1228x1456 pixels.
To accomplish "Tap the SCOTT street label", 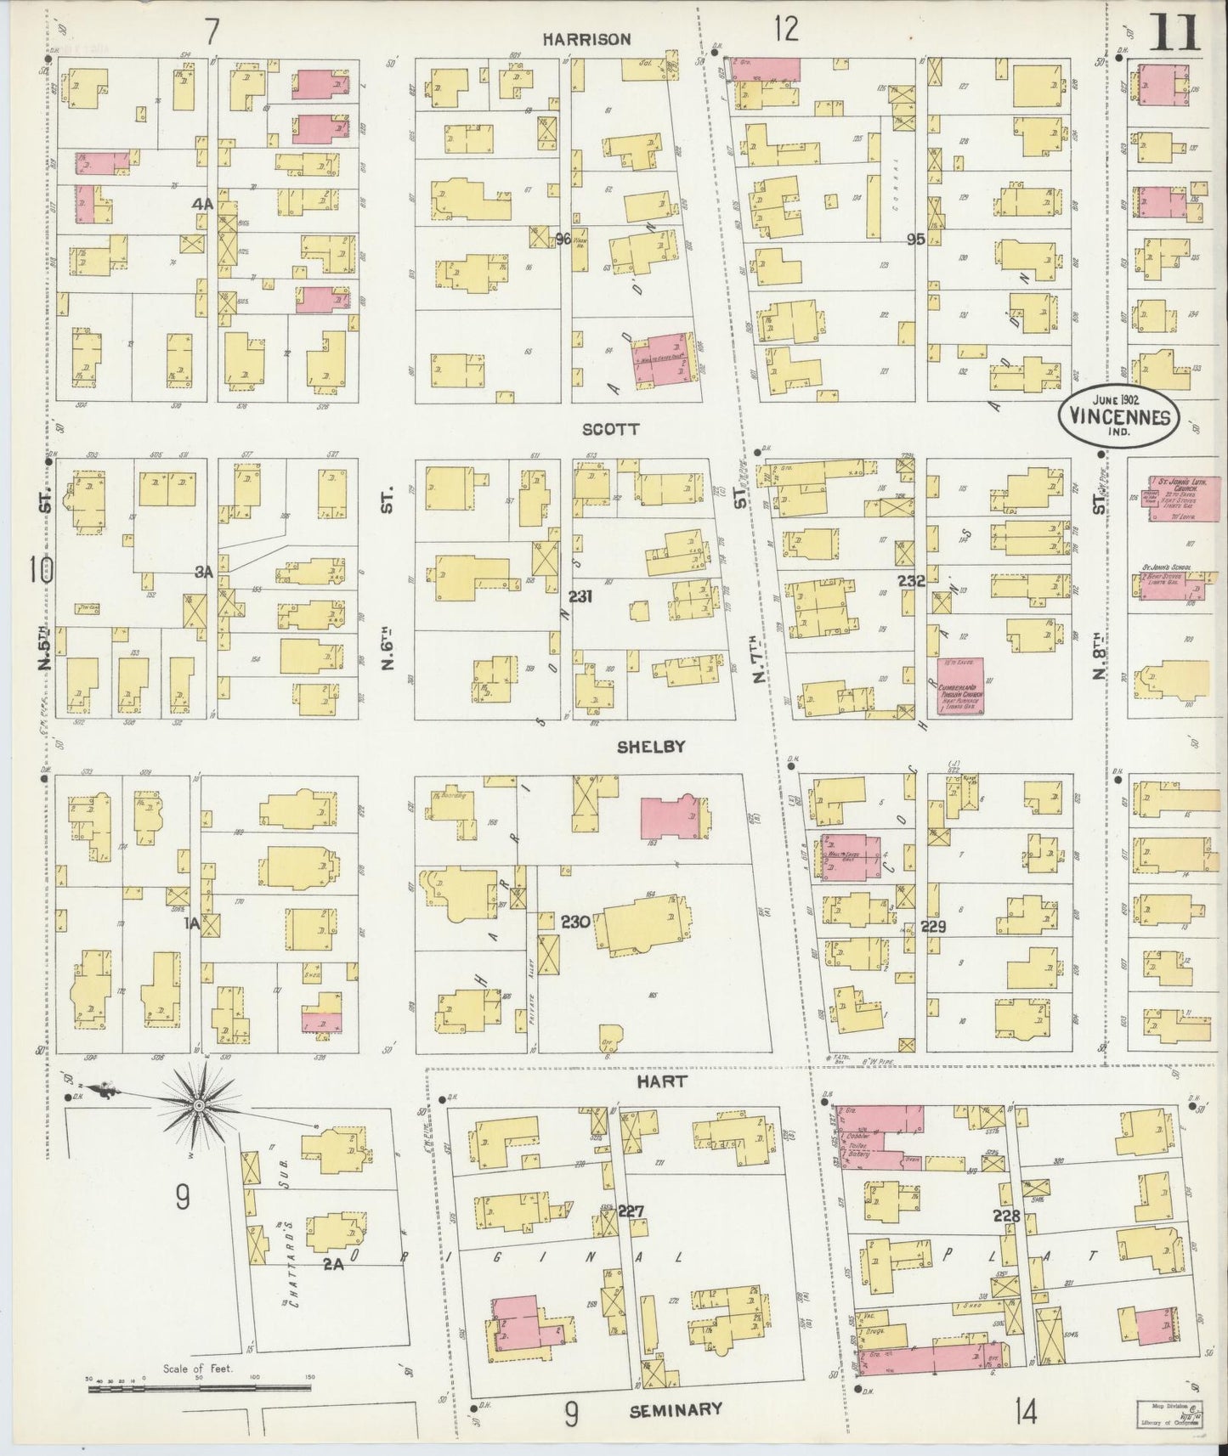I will point(610,430).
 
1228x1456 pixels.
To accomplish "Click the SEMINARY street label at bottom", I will point(676,1409).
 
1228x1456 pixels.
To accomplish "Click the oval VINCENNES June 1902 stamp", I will point(1118,414).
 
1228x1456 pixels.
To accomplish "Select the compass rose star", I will point(198,1105).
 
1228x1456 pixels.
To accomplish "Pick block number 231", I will point(580,597).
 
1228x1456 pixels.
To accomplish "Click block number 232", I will point(911,580).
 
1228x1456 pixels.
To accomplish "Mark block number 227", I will point(631,1210).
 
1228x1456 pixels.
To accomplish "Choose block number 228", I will point(1005,1216).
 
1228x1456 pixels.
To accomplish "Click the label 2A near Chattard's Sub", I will point(332,1263).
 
